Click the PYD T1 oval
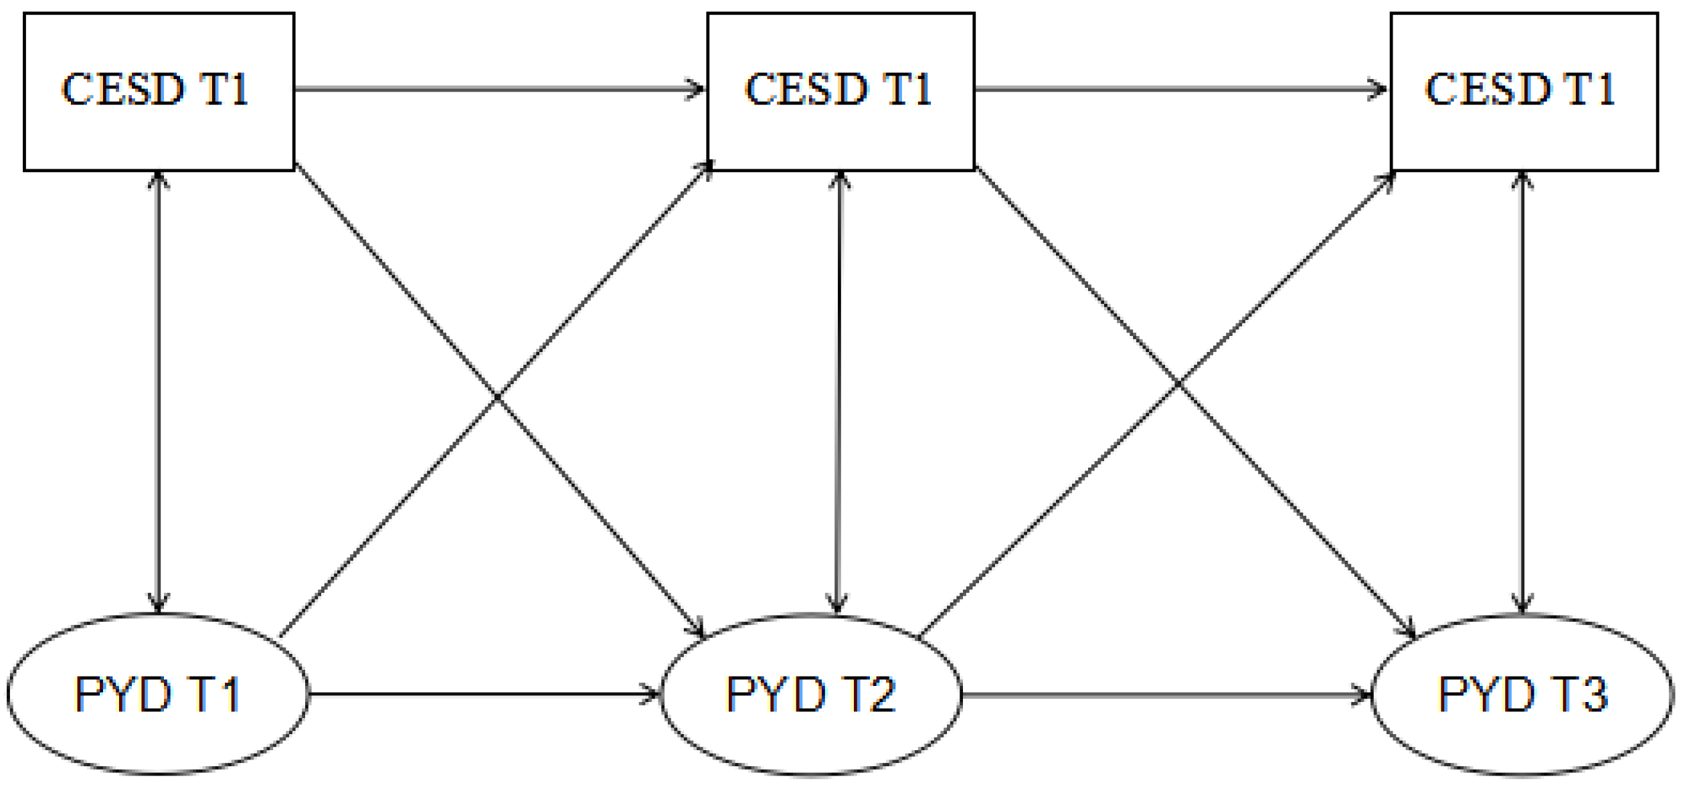pos(158,694)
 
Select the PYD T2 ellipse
pos(811,694)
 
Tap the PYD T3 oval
pos(1522,694)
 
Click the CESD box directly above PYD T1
pos(159,91)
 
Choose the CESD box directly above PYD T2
pos(840,91)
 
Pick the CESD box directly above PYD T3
pos(1524,91)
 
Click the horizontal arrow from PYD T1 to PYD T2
pos(482,694)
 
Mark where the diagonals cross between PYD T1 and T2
pos(497,397)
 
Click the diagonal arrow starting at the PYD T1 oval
pos(402,502)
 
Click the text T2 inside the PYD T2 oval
pos(870,694)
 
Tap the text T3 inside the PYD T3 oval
pos(1581,694)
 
